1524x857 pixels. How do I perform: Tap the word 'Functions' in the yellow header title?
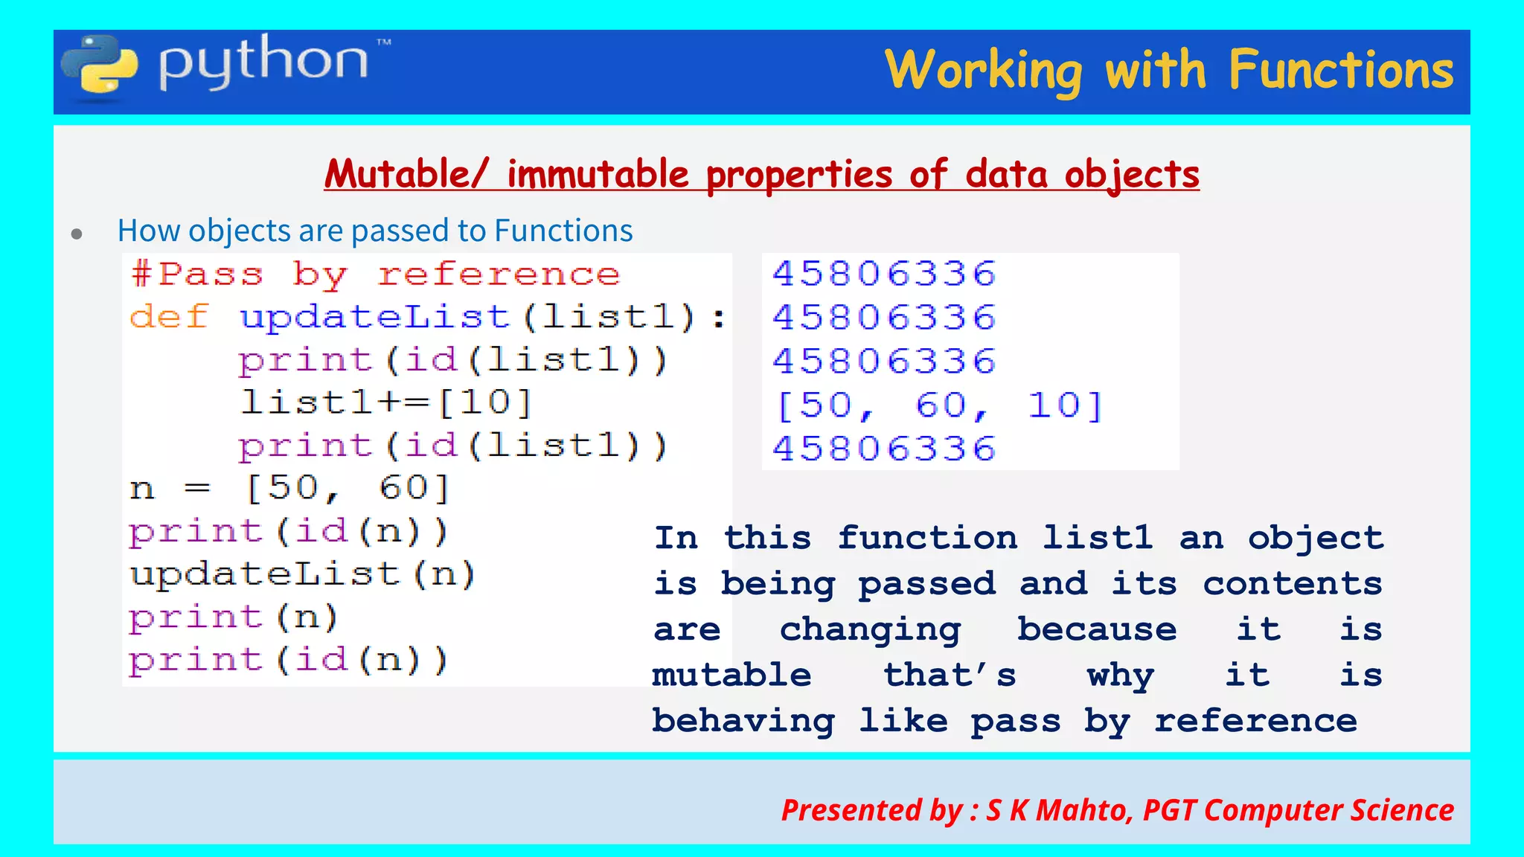pyautogui.click(x=1340, y=71)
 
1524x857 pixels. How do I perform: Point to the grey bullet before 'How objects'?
pyautogui.click(x=77, y=234)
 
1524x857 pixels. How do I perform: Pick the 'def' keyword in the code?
pyautogui.click(x=169, y=318)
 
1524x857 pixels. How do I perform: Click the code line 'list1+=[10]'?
pyautogui.click(x=385, y=402)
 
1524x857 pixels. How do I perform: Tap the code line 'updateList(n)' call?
pyautogui.click(x=302, y=574)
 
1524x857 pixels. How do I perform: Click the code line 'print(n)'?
pyautogui.click(x=233, y=617)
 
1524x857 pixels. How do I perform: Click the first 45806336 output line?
pyautogui.click(x=884, y=275)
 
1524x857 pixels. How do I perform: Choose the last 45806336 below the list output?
pyautogui.click(x=884, y=449)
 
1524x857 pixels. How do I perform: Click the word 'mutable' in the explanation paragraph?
pyautogui.click(x=731, y=675)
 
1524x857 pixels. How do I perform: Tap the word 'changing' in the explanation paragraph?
pyautogui.click(x=870, y=630)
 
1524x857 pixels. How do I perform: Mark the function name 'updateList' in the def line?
pyautogui.click(x=374, y=318)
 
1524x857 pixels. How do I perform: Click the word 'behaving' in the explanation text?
pyautogui.click(x=743, y=721)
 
